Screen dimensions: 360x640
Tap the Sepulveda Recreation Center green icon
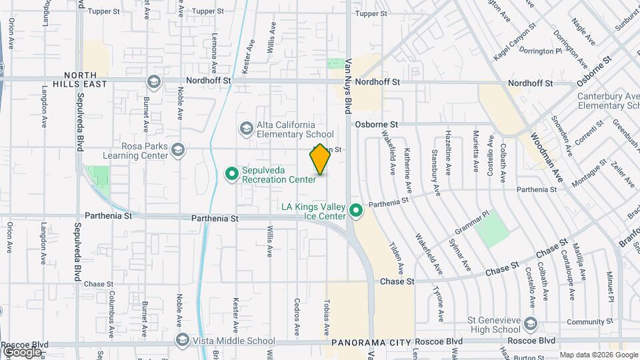[232, 174]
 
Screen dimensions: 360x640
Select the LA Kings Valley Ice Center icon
[356, 211]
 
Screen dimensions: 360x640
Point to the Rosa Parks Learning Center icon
[177, 150]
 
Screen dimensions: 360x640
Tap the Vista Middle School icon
[182, 341]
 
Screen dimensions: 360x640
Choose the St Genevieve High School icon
[531, 324]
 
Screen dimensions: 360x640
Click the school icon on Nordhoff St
[154, 82]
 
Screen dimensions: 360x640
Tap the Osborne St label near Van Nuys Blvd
[376, 124]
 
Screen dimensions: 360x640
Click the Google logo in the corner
[21, 351]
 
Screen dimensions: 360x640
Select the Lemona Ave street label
[214, 53]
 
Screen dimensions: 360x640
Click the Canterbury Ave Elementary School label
[608, 101]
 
